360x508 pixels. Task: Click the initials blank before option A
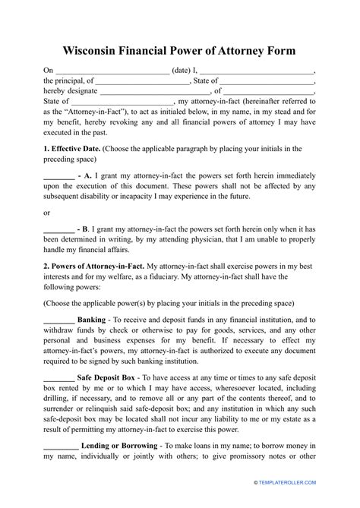coord(58,174)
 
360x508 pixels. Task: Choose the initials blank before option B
coord(58,229)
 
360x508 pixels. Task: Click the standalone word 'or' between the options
coord(47,212)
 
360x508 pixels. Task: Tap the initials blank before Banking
coord(58,321)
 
